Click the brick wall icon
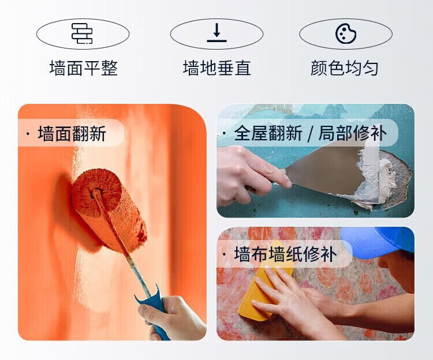pos(83,33)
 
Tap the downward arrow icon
pos(216,32)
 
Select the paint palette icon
pos(346,33)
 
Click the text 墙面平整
pos(84,68)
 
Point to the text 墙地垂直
pos(216,68)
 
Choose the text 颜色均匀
pos(344,68)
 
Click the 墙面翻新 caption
pos(72,134)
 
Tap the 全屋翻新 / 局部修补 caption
pos(310,133)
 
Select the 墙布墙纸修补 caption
pos(285,254)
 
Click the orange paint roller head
pos(109,209)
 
